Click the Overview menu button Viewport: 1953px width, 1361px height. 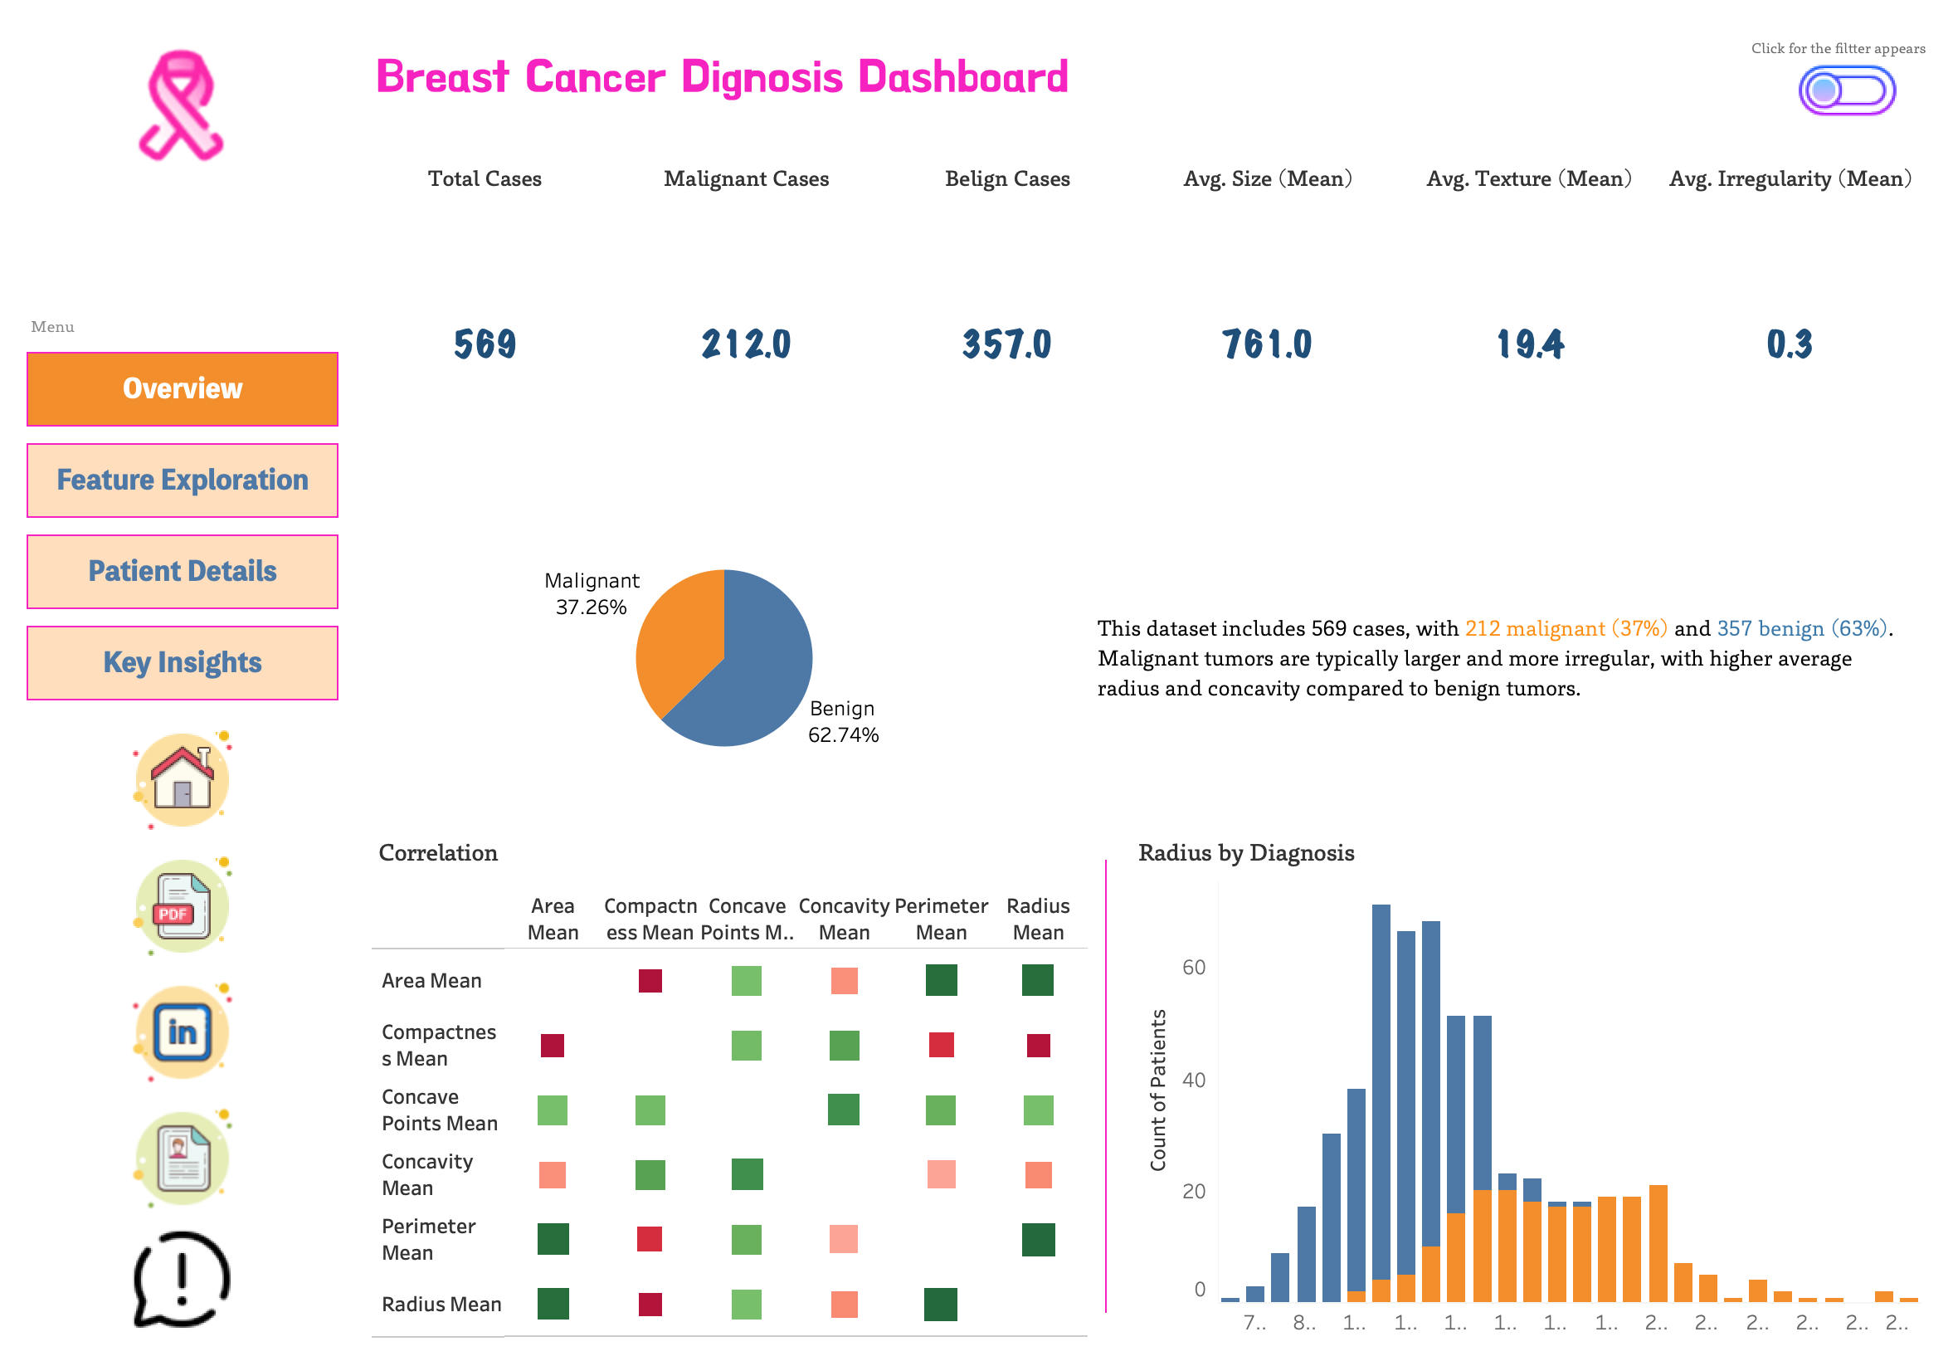[x=182, y=388]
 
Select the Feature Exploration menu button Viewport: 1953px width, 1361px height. [x=182, y=480]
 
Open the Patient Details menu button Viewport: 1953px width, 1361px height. [x=182, y=571]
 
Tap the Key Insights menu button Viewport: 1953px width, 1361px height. [x=182, y=662]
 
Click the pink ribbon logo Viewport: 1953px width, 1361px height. [x=180, y=105]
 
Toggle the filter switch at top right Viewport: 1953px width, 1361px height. [x=1845, y=90]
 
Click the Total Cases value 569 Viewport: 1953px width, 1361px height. [x=484, y=344]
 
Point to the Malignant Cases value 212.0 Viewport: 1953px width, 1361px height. [x=745, y=344]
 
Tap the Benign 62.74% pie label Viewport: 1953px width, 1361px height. [x=842, y=721]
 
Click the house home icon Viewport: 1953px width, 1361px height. [x=182, y=779]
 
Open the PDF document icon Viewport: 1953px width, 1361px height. [x=182, y=906]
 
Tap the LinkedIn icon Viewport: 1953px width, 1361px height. [x=182, y=1032]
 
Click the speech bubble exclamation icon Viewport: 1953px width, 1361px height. [x=182, y=1278]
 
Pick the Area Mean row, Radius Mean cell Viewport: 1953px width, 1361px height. [x=1037, y=980]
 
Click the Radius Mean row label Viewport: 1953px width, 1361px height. [x=441, y=1304]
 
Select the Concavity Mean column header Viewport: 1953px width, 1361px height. [x=843, y=919]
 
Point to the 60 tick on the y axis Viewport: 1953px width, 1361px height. [x=1193, y=967]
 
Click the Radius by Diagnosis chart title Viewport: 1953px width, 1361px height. [x=1245, y=852]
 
